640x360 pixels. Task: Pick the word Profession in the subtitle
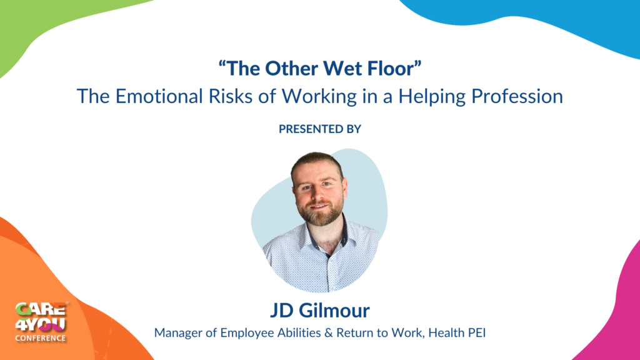pos(517,96)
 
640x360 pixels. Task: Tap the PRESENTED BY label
pos(320,129)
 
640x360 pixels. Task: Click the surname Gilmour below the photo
pos(334,310)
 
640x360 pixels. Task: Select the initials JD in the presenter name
pos(282,311)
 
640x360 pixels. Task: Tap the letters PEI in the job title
pos(477,332)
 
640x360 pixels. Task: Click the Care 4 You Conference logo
pos(41,322)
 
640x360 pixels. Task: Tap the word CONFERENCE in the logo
pos(41,338)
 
